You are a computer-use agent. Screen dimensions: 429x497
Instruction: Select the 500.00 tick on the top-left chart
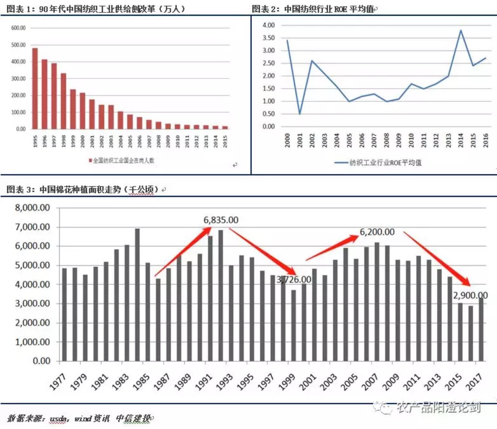coord(18,45)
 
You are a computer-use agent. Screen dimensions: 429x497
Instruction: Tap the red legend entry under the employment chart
coord(121,160)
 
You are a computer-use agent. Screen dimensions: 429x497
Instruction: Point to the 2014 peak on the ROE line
coord(461,31)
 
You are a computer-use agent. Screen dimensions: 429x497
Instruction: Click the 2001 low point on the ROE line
coord(300,114)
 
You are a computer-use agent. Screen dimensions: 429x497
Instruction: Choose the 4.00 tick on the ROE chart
coord(269,25)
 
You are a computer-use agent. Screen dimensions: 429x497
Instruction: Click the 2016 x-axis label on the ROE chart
coord(485,141)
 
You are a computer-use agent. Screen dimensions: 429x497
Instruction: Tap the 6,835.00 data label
coord(221,220)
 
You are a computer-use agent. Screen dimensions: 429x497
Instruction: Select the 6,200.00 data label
coord(377,232)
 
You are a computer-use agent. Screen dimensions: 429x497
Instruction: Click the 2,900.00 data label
coord(470,296)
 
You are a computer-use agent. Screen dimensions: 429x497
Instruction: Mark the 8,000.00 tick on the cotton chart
coord(33,208)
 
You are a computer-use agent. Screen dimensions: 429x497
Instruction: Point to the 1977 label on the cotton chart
coord(58,382)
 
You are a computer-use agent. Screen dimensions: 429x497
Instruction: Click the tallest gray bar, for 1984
coord(137,294)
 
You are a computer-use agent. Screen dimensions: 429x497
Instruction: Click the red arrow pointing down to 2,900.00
coord(437,258)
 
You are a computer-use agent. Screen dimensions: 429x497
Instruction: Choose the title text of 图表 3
coord(83,189)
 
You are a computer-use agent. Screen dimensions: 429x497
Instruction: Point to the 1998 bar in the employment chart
coord(64,101)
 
